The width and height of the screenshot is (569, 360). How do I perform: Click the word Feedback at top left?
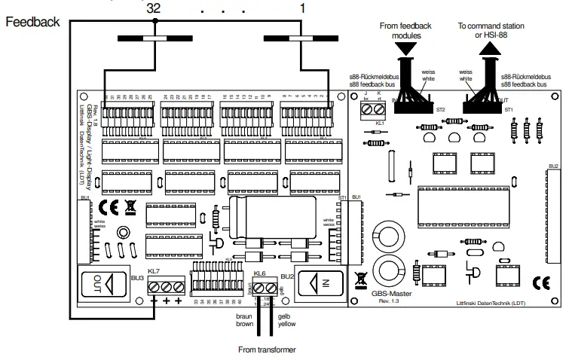click(x=32, y=23)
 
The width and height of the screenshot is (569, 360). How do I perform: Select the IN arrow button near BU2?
click(x=320, y=285)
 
